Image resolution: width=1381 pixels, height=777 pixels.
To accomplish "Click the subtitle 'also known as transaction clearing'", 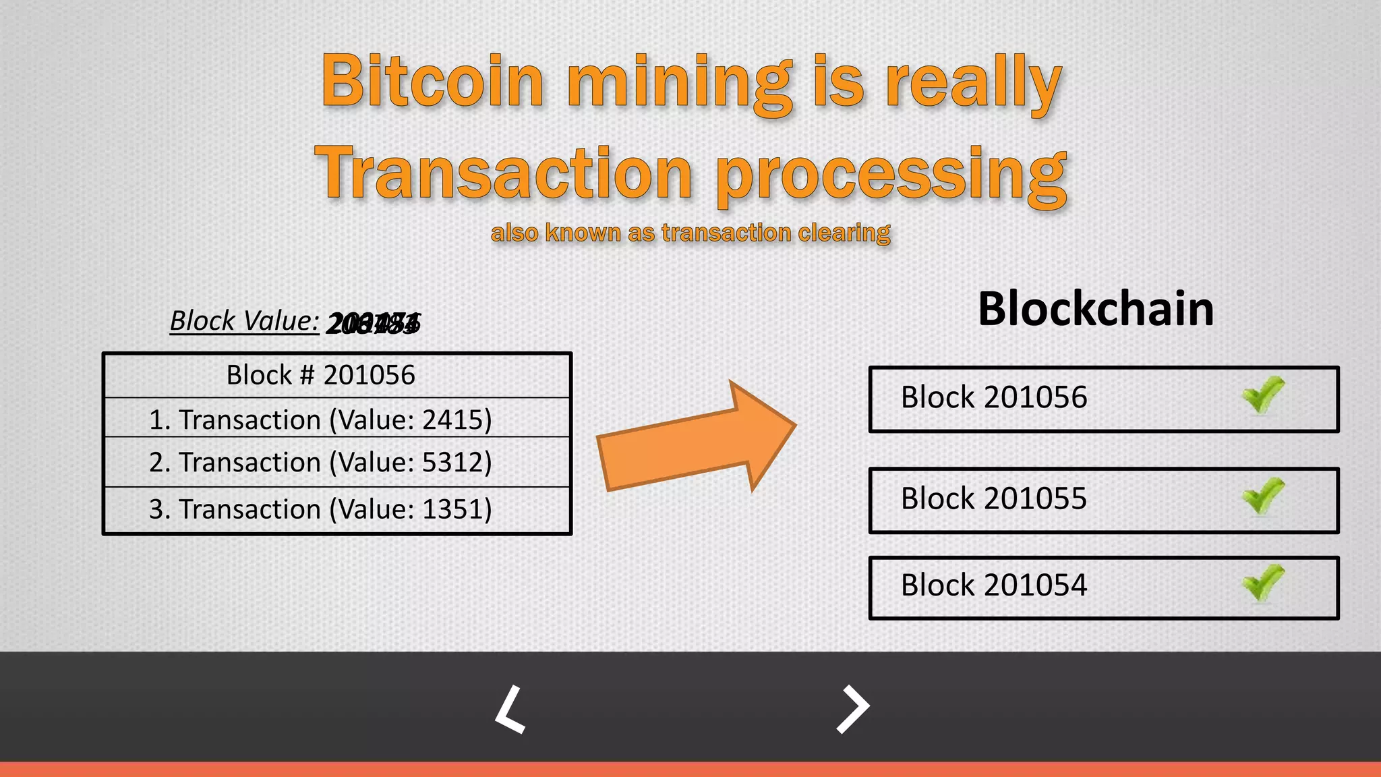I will coord(690,233).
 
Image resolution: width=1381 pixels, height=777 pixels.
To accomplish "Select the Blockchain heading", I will coord(1096,309).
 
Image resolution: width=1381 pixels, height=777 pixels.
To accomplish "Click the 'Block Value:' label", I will coord(244,321).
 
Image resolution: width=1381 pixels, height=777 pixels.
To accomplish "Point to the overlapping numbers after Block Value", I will coord(373,324).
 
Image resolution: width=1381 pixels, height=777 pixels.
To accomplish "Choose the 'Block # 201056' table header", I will coord(321,375).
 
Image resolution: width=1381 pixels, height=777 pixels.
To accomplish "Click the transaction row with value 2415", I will coord(321,420).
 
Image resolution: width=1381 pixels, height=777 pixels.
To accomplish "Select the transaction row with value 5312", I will coord(321,463).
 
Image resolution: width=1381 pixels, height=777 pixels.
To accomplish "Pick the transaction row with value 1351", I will coord(321,509).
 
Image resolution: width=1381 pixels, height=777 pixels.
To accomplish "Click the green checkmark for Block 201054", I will coord(1262,583).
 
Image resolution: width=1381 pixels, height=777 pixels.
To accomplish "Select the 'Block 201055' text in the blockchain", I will coord(994,499).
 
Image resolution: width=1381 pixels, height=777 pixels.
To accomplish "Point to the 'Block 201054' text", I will coord(994,585).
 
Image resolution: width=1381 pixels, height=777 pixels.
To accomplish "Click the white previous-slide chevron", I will coord(510,710).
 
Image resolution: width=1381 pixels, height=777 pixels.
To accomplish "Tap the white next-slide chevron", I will coord(853,709).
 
